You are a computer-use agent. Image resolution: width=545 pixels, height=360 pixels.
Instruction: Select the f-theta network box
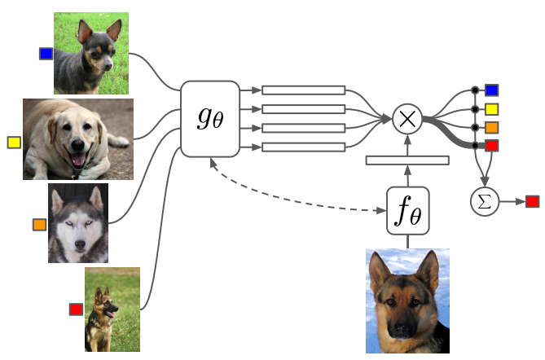(x=407, y=209)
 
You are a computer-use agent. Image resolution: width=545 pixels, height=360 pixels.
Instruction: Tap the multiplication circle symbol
(x=406, y=119)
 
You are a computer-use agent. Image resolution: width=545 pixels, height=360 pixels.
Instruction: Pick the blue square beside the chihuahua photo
(x=46, y=54)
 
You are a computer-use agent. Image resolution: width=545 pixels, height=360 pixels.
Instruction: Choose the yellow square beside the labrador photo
(x=13, y=143)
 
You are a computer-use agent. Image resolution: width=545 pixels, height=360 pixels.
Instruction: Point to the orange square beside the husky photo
(x=39, y=224)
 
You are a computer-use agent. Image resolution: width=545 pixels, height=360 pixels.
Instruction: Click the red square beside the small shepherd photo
(x=76, y=309)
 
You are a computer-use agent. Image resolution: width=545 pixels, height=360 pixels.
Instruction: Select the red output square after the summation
(x=533, y=200)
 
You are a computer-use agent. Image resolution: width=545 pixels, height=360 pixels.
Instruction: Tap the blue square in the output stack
(x=492, y=90)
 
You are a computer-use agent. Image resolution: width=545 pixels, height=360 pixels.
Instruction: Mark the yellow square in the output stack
(x=492, y=108)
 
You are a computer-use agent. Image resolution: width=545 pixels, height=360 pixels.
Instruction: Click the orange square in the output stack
(x=492, y=127)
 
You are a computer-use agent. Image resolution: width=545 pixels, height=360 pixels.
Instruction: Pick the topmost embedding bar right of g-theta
(x=303, y=90)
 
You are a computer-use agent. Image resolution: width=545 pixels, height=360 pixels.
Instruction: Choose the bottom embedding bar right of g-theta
(x=303, y=147)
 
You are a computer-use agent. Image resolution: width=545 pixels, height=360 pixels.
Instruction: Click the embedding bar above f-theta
(x=407, y=160)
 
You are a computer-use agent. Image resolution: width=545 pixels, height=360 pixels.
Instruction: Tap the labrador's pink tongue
(x=78, y=160)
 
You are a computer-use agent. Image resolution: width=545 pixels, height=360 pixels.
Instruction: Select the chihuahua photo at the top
(x=90, y=53)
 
